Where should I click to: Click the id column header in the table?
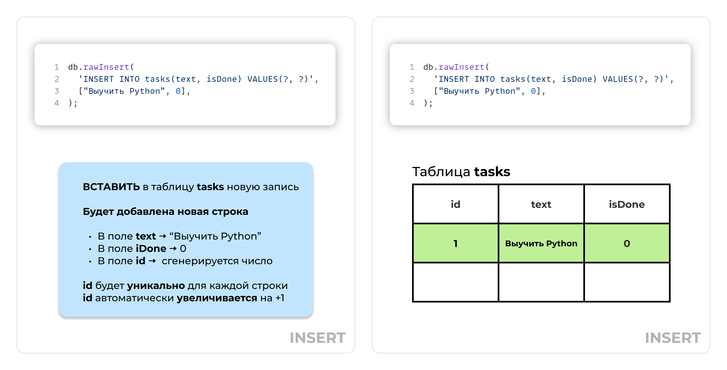coord(455,204)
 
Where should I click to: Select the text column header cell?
coord(541,204)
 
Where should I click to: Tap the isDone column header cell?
coord(627,204)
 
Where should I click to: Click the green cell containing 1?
coord(455,243)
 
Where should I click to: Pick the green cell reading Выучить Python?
coord(541,243)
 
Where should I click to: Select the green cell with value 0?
coord(627,243)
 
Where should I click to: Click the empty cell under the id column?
coord(455,282)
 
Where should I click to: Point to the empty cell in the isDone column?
coord(627,282)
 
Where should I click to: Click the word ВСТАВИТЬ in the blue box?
coord(111,187)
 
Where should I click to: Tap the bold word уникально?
coord(156,286)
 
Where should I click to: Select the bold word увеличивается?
coord(217,298)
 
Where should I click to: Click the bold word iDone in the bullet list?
coord(151,249)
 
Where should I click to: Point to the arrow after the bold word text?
coord(163,236)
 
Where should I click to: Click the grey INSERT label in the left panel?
coord(318,338)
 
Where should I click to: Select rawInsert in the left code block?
coord(106,67)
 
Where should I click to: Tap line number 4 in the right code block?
coord(412,103)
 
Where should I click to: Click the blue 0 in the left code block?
coord(178,91)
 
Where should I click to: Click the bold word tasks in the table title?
coord(492,172)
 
